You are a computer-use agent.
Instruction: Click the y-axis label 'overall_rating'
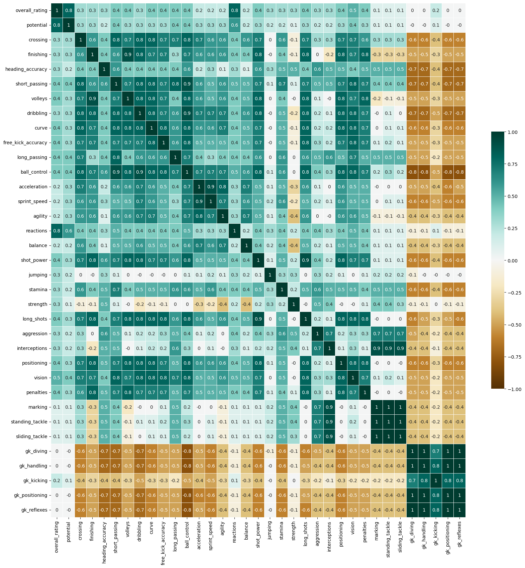[x=31, y=10]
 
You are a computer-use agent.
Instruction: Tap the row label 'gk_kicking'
[x=35, y=481]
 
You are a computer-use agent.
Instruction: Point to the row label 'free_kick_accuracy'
[x=25, y=143]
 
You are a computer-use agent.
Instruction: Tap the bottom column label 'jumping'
[x=270, y=533]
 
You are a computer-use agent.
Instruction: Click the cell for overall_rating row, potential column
[x=69, y=10]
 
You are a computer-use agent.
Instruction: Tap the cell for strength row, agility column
[x=222, y=304]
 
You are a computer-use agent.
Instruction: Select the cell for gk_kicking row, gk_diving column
[x=412, y=481]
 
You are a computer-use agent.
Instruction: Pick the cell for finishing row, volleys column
[x=128, y=54]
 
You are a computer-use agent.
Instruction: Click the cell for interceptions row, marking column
[x=377, y=348]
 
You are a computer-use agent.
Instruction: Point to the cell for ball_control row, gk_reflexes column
[x=459, y=172]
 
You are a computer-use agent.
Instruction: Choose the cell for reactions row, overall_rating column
[x=57, y=231]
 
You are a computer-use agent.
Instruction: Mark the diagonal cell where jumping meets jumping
[x=270, y=275]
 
